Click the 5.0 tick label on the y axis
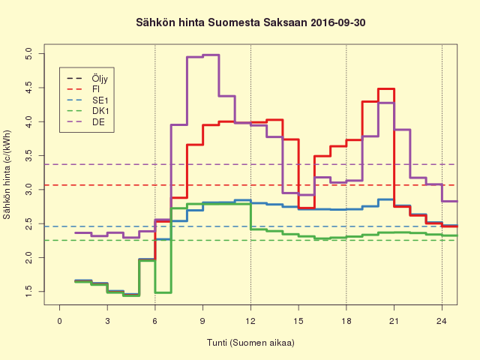point(28,54)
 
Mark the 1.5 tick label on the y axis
point(28,291)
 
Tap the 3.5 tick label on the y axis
point(28,156)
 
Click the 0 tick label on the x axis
point(60,321)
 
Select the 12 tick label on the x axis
point(250,321)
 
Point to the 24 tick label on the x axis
point(442,321)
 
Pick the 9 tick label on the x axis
point(202,321)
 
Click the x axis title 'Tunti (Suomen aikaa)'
point(250,343)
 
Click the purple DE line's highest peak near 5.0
point(211,55)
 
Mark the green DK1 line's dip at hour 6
point(163,292)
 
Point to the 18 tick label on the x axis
point(346,321)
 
